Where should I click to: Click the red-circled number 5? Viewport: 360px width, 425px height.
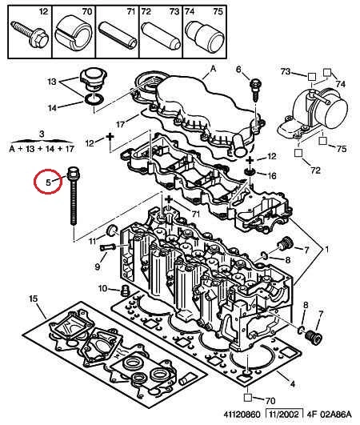48,182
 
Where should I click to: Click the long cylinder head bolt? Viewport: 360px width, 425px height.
73,196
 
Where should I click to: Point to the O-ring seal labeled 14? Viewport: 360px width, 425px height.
94,99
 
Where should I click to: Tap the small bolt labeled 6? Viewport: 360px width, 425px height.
255,89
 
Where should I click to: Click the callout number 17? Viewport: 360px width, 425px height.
120,124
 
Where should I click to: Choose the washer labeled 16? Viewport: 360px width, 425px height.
249,172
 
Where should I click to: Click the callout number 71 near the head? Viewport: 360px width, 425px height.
195,215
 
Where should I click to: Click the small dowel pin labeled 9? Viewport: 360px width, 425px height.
108,247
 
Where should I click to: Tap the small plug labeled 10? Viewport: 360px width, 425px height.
125,291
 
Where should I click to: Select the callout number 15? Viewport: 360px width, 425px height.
34,299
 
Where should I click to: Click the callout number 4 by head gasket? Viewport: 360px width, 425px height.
292,384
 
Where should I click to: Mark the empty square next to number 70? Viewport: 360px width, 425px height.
248,397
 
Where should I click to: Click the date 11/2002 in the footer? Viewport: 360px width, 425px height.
284,415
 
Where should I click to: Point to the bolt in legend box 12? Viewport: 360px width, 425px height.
30,34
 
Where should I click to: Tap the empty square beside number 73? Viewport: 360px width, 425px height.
312,77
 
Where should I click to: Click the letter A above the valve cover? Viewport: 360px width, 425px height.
214,69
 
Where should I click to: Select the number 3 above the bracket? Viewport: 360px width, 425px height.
42,134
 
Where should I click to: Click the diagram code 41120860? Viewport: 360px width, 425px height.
242,415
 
